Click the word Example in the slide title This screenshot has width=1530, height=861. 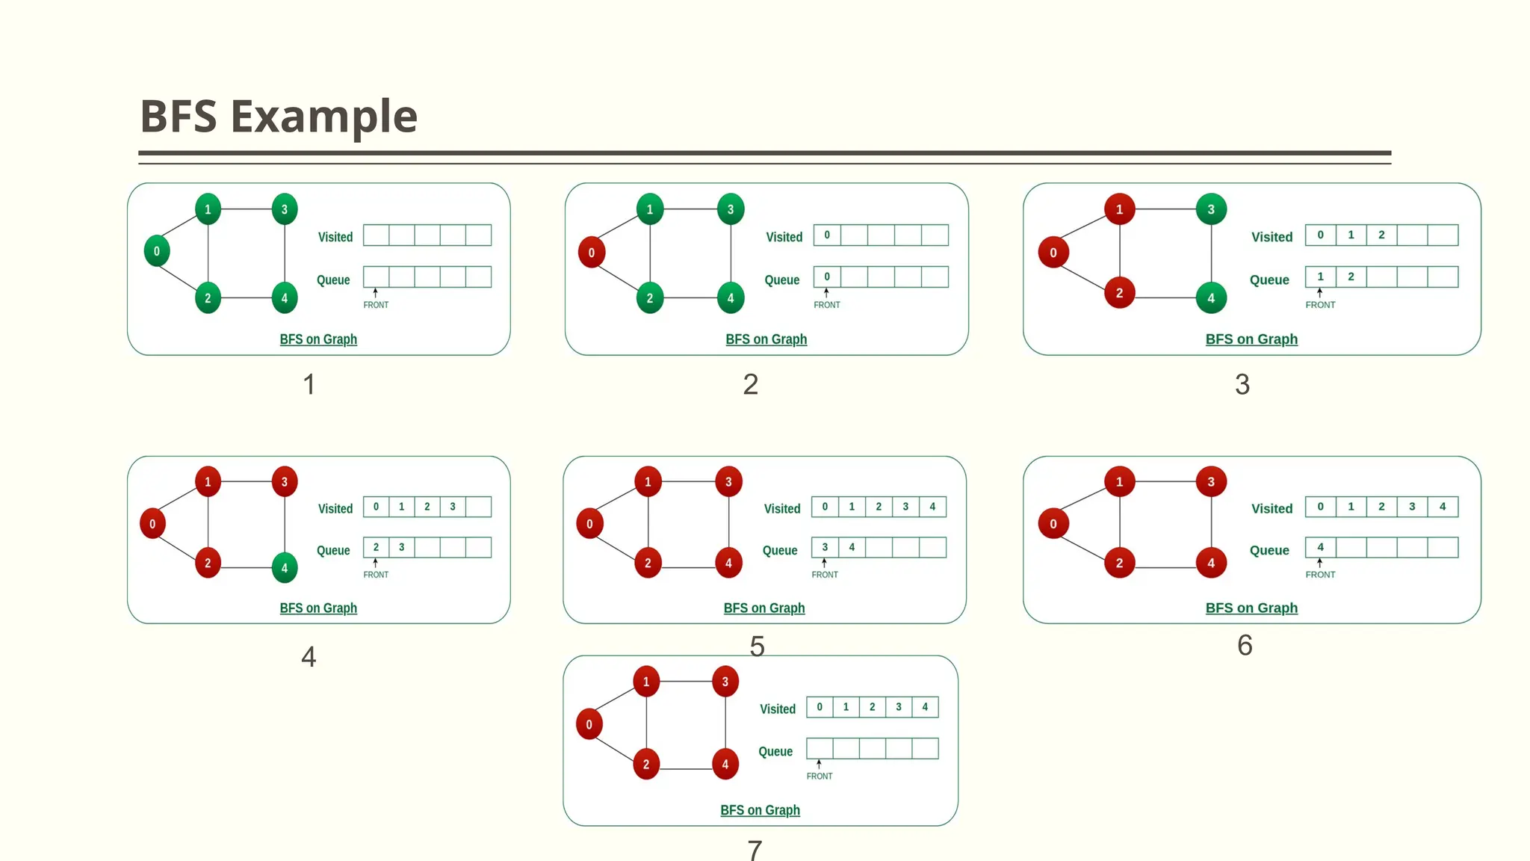click(323, 117)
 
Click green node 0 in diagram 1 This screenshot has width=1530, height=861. click(157, 251)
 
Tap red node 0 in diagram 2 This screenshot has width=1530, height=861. click(591, 253)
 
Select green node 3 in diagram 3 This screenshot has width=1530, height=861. click(1211, 209)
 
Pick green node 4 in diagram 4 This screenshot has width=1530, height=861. click(284, 567)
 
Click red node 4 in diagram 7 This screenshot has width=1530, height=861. click(725, 764)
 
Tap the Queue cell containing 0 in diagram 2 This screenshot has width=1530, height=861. click(827, 277)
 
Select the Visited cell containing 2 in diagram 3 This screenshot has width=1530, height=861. click(1381, 235)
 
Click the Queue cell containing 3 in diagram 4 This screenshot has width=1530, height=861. click(402, 547)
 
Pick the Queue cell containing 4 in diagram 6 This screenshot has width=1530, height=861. click(1320, 547)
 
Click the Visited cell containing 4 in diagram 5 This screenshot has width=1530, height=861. click(932, 507)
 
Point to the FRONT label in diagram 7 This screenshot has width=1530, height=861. click(819, 776)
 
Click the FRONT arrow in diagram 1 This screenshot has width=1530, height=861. click(375, 293)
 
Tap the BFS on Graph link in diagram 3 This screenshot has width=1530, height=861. click(1251, 339)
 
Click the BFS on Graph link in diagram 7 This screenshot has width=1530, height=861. click(760, 810)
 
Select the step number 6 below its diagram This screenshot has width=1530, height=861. click(1245, 645)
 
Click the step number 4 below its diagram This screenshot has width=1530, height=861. click(309, 657)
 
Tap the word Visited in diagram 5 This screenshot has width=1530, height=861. click(781, 509)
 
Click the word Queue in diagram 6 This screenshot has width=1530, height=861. click(1269, 551)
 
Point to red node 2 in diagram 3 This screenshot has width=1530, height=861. click(1119, 293)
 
